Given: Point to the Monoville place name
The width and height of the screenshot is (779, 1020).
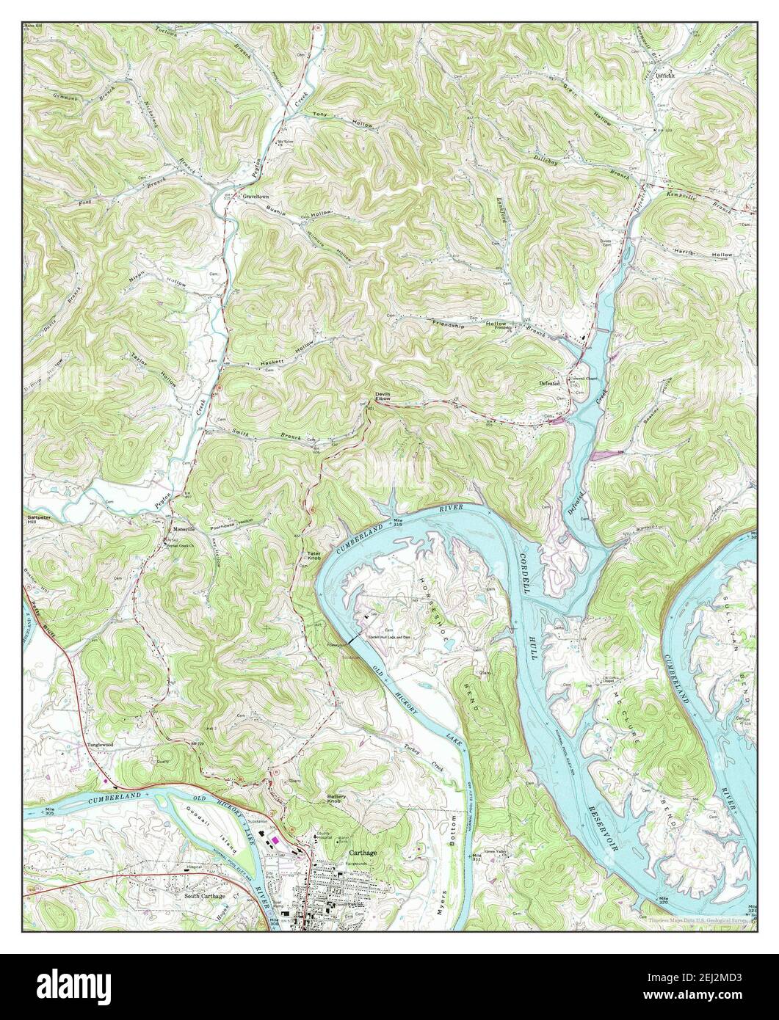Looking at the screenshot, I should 181,529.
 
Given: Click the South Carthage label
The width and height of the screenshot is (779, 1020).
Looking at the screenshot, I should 205,896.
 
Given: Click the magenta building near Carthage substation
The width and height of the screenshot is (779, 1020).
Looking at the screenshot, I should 275,839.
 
